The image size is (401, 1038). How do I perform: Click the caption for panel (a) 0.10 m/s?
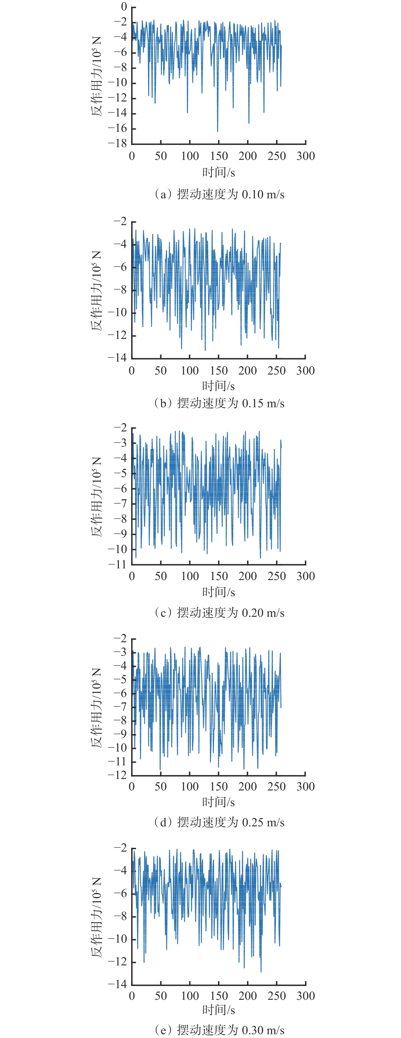pyautogui.click(x=219, y=195)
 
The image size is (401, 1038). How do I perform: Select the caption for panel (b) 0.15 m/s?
pyautogui.click(x=219, y=403)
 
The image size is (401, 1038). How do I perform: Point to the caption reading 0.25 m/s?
pyautogui.click(x=219, y=823)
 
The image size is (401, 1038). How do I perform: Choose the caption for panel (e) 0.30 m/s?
pyautogui.click(x=219, y=1030)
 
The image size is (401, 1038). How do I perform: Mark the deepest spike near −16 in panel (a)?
pyautogui.click(x=218, y=131)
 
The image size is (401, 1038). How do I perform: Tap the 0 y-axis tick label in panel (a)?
pyautogui.click(x=124, y=7)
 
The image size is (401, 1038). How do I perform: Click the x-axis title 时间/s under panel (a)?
pyautogui.click(x=219, y=172)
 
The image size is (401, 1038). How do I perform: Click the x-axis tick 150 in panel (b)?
pyautogui.click(x=219, y=371)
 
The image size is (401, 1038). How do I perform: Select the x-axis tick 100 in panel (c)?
pyautogui.click(x=190, y=576)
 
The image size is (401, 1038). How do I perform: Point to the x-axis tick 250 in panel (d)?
pyautogui.click(x=277, y=787)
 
